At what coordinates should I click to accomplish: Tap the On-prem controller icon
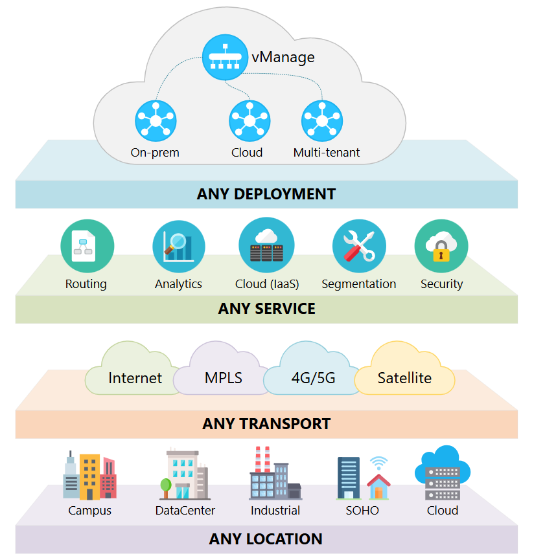(x=156, y=121)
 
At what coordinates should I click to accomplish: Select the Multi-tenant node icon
(x=322, y=121)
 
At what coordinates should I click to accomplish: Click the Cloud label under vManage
(x=247, y=153)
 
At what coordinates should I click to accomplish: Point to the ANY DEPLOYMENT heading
(x=266, y=194)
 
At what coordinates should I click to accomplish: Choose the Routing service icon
(x=87, y=245)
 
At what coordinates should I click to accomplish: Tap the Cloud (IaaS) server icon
(x=266, y=245)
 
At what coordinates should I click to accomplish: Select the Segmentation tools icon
(x=358, y=245)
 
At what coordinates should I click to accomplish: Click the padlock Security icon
(x=441, y=247)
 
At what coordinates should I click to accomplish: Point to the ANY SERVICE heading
(x=266, y=309)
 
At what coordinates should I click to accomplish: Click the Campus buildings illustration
(x=89, y=476)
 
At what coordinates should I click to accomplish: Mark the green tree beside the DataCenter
(x=166, y=484)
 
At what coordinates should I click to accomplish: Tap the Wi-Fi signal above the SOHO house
(x=379, y=463)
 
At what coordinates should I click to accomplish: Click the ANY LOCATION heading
(x=266, y=539)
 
